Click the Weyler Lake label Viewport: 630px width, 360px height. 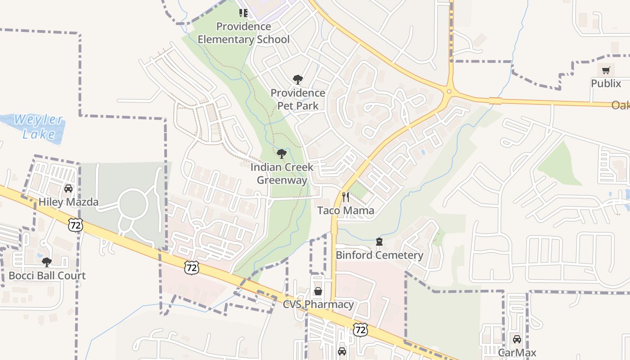[x=38, y=127]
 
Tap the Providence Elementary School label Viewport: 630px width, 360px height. [x=243, y=33]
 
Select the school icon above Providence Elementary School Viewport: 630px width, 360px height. [x=243, y=13]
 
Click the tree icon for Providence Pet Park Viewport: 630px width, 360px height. [x=297, y=80]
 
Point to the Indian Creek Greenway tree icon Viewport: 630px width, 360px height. [x=282, y=154]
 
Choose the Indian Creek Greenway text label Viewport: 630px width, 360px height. [x=282, y=174]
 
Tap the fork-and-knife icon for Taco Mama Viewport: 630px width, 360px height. [x=346, y=197]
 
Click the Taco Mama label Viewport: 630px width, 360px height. [x=346, y=210]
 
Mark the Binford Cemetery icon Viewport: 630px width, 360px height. [x=379, y=242]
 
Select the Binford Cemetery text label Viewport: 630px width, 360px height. [x=379, y=255]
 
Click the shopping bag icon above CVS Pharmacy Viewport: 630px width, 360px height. [x=318, y=291]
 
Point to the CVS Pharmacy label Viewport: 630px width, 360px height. [x=318, y=305]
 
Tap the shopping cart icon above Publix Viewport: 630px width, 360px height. [x=606, y=70]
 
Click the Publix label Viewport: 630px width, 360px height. [x=606, y=84]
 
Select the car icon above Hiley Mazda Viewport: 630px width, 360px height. [x=68, y=188]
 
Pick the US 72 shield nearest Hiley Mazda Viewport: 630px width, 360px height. [x=76, y=225]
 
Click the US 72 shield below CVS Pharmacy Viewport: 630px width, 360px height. [x=360, y=329]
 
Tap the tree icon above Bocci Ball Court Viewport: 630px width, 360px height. [x=47, y=262]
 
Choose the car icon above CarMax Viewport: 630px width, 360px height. [x=517, y=339]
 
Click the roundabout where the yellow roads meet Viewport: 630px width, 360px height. [x=449, y=91]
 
